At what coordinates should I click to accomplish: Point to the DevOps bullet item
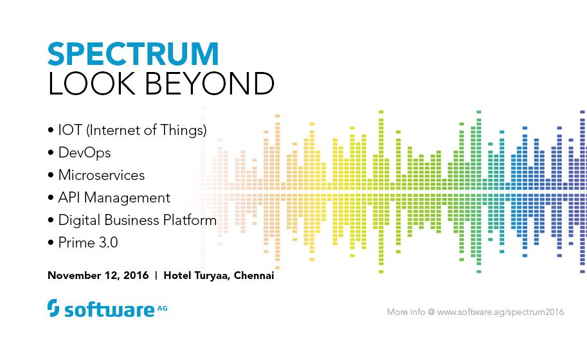pos(84,153)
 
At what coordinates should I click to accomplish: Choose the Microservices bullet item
pos(101,175)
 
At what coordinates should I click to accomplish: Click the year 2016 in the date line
pos(134,276)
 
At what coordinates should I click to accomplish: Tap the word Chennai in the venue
pos(254,276)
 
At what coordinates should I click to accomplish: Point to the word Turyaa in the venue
pos(210,276)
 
